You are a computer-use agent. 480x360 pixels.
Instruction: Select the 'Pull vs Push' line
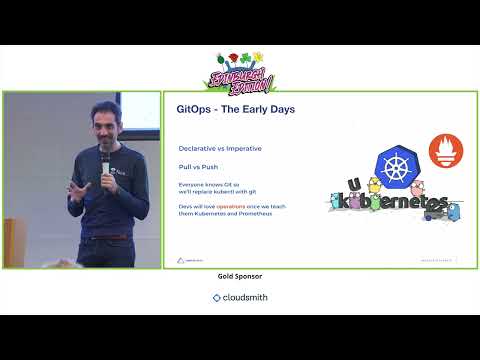[198, 168]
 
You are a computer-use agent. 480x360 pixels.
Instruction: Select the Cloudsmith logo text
[240, 297]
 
